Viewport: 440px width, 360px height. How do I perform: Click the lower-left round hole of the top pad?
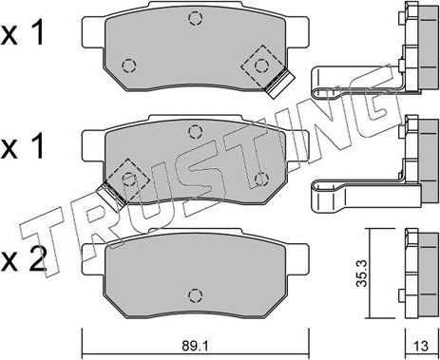click(128, 66)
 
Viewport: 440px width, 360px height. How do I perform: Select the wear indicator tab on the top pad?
click(278, 85)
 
